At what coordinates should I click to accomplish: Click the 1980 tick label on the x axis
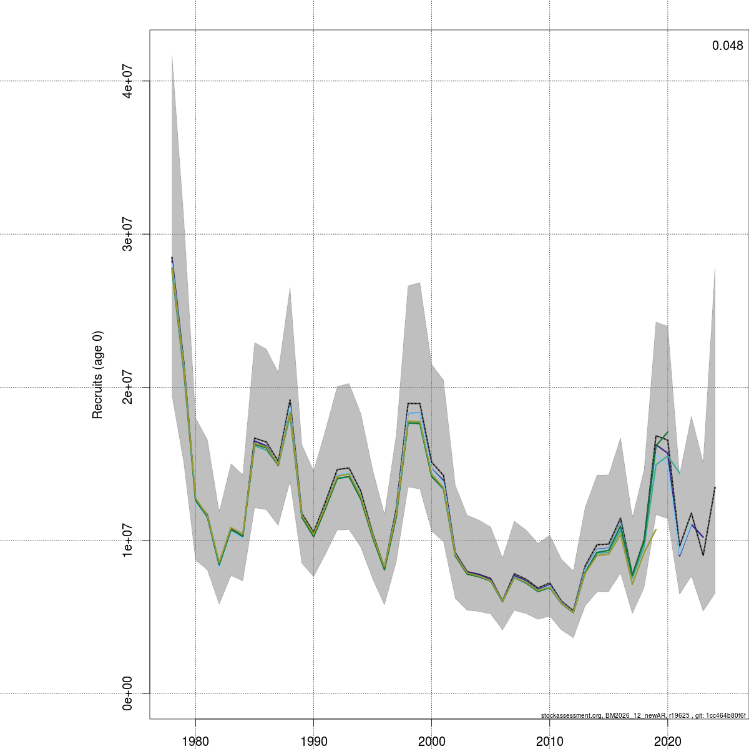click(x=195, y=741)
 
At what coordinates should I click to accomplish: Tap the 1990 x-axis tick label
click(x=313, y=741)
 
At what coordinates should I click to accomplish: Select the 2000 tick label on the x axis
click(x=431, y=741)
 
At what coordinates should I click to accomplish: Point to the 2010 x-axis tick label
click(x=549, y=741)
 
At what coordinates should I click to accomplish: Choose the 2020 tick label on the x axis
click(x=667, y=741)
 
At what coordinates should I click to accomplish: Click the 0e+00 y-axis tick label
click(x=129, y=693)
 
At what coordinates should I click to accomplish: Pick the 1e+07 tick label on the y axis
click(x=129, y=540)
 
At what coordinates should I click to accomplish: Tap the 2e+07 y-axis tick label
click(x=129, y=387)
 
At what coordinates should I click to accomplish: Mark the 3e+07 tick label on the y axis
click(x=129, y=234)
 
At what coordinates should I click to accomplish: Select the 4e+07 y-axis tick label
click(x=129, y=81)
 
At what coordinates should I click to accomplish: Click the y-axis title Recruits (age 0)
click(x=97, y=374)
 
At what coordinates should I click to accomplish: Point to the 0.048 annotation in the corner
click(x=727, y=46)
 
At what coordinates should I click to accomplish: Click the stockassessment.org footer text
click(x=643, y=715)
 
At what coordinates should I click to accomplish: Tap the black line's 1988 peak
click(x=290, y=400)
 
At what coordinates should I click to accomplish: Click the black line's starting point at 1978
click(x=172, y=257)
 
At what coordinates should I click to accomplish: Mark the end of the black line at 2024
click(x=715, y=487)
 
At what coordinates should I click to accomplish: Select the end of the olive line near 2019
click(x=656, y=529)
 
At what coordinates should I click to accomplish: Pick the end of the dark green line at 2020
click(x=668, y=432)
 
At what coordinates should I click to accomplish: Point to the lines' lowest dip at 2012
click(x=573, y=611)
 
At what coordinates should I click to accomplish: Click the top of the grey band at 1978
click(x=172, y=55)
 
